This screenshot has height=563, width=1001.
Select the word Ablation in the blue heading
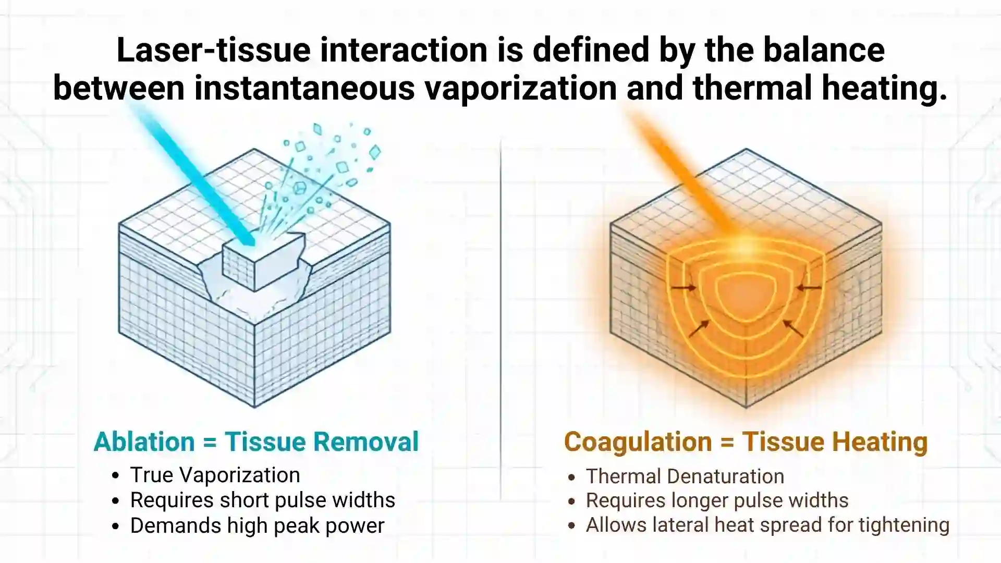tap(144, 442)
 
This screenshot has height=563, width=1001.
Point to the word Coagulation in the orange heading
tap(638, 443)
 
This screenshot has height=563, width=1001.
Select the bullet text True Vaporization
tap(215, 475)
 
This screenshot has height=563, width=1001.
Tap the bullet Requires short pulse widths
tap(262, 500)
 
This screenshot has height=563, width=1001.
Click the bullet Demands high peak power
tap(257, 526)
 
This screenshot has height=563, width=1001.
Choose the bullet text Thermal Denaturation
tap(685, 476)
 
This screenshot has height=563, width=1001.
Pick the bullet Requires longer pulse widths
tap(717, 501)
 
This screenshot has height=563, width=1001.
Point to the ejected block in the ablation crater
tap(264, 261)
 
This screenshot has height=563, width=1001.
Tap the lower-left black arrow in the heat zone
tap(699, 329)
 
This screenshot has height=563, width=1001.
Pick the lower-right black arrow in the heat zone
tap(794, 329)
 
